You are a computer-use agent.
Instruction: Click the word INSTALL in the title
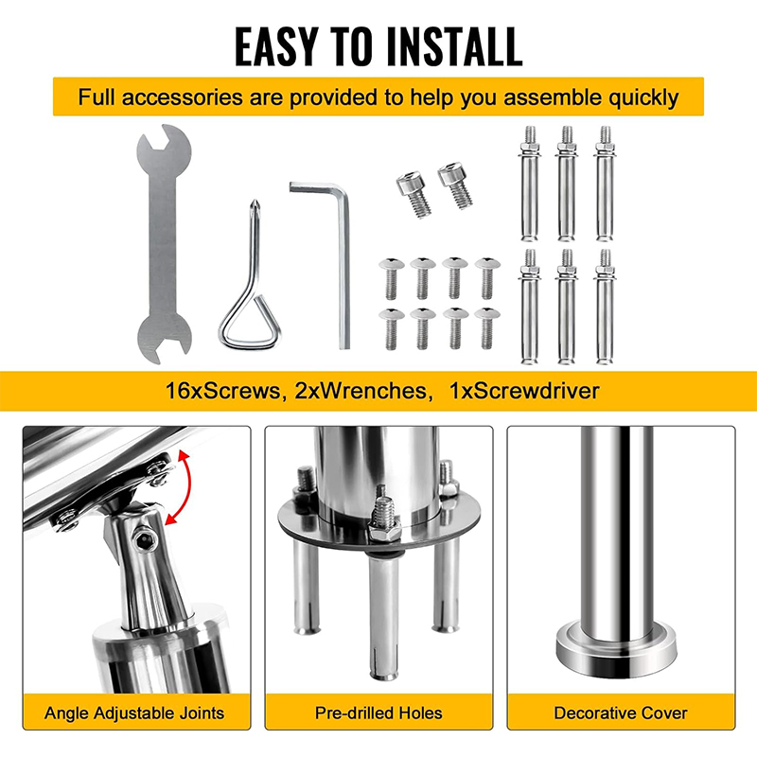click(454, 46)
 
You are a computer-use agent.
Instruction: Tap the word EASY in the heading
click(276, 46)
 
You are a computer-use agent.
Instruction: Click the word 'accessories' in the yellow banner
click(182, 97)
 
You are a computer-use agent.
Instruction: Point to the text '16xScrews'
click(222, 391)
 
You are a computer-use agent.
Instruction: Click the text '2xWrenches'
click(361, 391)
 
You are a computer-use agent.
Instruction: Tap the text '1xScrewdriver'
click(524, 391)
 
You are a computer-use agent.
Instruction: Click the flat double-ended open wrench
click(164, 244)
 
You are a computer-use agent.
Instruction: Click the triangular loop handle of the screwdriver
click(250, 323)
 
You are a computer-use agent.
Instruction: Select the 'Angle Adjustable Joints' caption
click(134, 713)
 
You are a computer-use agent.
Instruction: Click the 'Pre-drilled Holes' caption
click(378, 713)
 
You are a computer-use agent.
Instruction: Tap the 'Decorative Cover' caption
click(621, 713)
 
